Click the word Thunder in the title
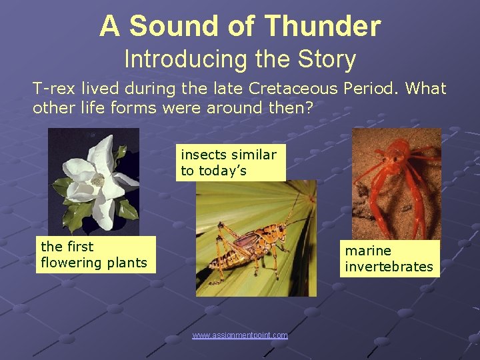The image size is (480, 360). (x=323, y=27)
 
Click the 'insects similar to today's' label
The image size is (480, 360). (x=229, y=163)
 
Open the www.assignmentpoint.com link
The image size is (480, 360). (x=240, y=335)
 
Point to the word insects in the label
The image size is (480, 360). (x=201, y=155)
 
